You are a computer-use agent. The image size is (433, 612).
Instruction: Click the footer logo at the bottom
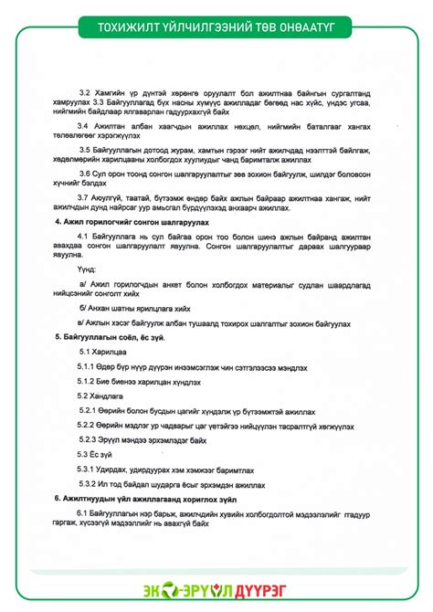(x=216, y=590)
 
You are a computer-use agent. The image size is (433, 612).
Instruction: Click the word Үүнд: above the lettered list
(x=87, y=269)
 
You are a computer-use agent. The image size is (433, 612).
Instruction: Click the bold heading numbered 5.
(x=111, y=337)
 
